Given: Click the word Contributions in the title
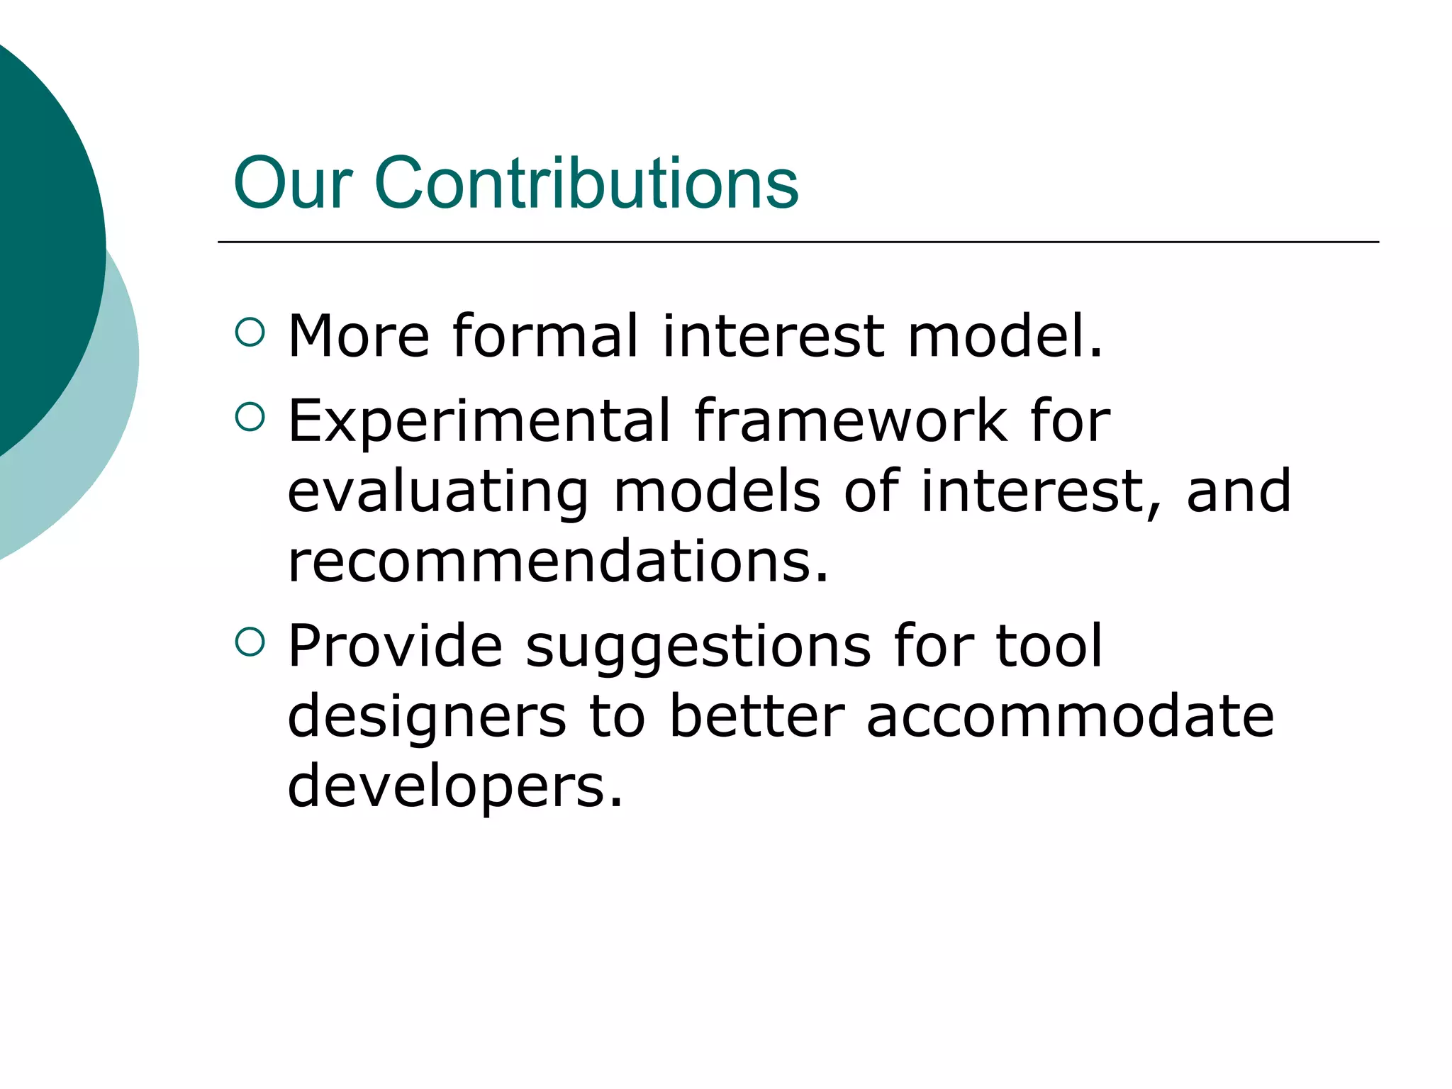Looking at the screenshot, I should (x=586, y=184).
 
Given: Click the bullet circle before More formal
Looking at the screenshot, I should (x=250, y=332).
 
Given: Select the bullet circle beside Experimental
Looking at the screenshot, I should (x=250, y=417).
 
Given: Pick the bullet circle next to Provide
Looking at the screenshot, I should (x=250, y=642).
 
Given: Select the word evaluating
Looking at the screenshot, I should (x=437, y=492).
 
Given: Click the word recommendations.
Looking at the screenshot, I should (x=557, y=561).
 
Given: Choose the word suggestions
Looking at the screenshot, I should (x=698, y=647).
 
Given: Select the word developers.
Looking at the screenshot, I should (x=454, y=788).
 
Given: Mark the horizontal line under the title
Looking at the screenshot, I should (x=798, y=242).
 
